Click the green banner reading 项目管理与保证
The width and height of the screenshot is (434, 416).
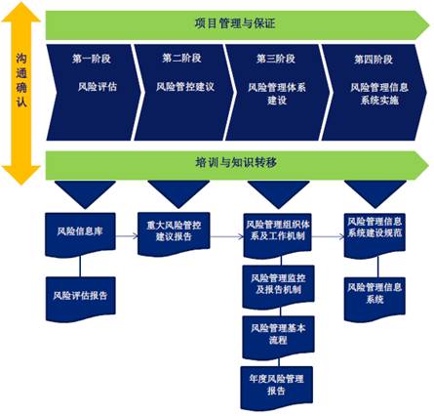(x=237, y=24)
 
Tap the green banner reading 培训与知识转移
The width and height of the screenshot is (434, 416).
(x=237, y=165)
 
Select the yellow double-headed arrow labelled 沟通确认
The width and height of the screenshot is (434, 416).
(x=21, y=94)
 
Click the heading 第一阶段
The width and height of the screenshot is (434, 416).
(x=92, y=59)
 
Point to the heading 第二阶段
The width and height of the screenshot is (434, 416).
(x=181, y=58)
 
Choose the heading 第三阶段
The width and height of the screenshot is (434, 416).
(x=276, y=59)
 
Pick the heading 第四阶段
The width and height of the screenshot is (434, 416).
(x=374, y=60)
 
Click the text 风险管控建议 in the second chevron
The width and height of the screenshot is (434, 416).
(x=185, y=87)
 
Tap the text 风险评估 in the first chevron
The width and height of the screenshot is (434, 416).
(x=98, y=87)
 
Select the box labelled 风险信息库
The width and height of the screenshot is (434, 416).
(x=80, y=234)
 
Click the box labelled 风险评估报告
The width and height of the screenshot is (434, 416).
(x=81, y=299)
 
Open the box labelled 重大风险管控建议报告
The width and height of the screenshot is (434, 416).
(x=174, y=233)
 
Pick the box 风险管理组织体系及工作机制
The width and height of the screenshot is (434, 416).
(x=278, y=235)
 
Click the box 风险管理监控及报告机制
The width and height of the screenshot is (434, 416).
(x=278, y=286)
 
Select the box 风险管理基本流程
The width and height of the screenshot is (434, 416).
(x=278, y=337)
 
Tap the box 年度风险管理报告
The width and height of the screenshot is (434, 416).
(x=277, y=388)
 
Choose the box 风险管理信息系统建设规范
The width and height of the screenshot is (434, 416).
(x=375, y=235)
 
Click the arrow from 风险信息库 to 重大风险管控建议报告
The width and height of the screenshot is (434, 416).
(x=127, y=236)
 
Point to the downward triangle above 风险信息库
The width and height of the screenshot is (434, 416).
(x=85, y=194)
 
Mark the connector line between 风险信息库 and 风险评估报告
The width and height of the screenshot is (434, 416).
(x=80, y=267)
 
